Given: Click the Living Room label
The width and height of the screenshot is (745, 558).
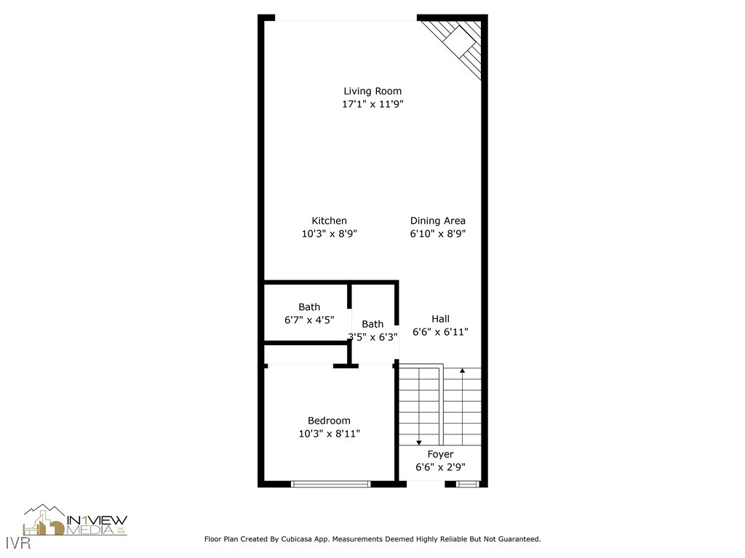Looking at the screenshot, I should point(372,91).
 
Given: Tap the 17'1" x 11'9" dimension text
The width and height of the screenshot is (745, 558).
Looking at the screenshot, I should point(372,104).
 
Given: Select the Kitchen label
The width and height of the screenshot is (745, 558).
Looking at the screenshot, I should point(329,221).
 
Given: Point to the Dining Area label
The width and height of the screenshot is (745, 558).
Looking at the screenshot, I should point(437,221).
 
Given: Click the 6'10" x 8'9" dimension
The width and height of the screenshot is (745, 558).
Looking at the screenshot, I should point(437,234).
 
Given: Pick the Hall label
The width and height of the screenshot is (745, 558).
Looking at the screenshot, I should point(440,319).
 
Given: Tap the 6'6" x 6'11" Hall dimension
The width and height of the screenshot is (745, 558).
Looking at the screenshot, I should point(440,332).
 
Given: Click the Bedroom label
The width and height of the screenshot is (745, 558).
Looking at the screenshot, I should point(329,421).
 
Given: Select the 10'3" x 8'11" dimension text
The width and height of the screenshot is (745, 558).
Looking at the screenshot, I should point(329,434).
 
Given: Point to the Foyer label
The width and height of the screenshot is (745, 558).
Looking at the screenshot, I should point(440,455).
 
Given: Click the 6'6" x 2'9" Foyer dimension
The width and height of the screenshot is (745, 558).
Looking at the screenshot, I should point(440,468).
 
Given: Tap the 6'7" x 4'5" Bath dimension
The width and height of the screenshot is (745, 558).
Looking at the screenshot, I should point(308,320).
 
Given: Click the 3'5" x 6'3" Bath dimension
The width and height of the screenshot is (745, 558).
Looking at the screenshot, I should point(372,337).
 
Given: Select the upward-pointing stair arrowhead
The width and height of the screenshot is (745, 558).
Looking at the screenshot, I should point(463,371).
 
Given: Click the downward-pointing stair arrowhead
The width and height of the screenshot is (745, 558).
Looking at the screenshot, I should point(419,442).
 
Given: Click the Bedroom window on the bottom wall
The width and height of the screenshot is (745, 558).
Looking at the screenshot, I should point(331,483).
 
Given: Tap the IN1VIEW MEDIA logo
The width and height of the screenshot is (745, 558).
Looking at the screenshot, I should point(76,521).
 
